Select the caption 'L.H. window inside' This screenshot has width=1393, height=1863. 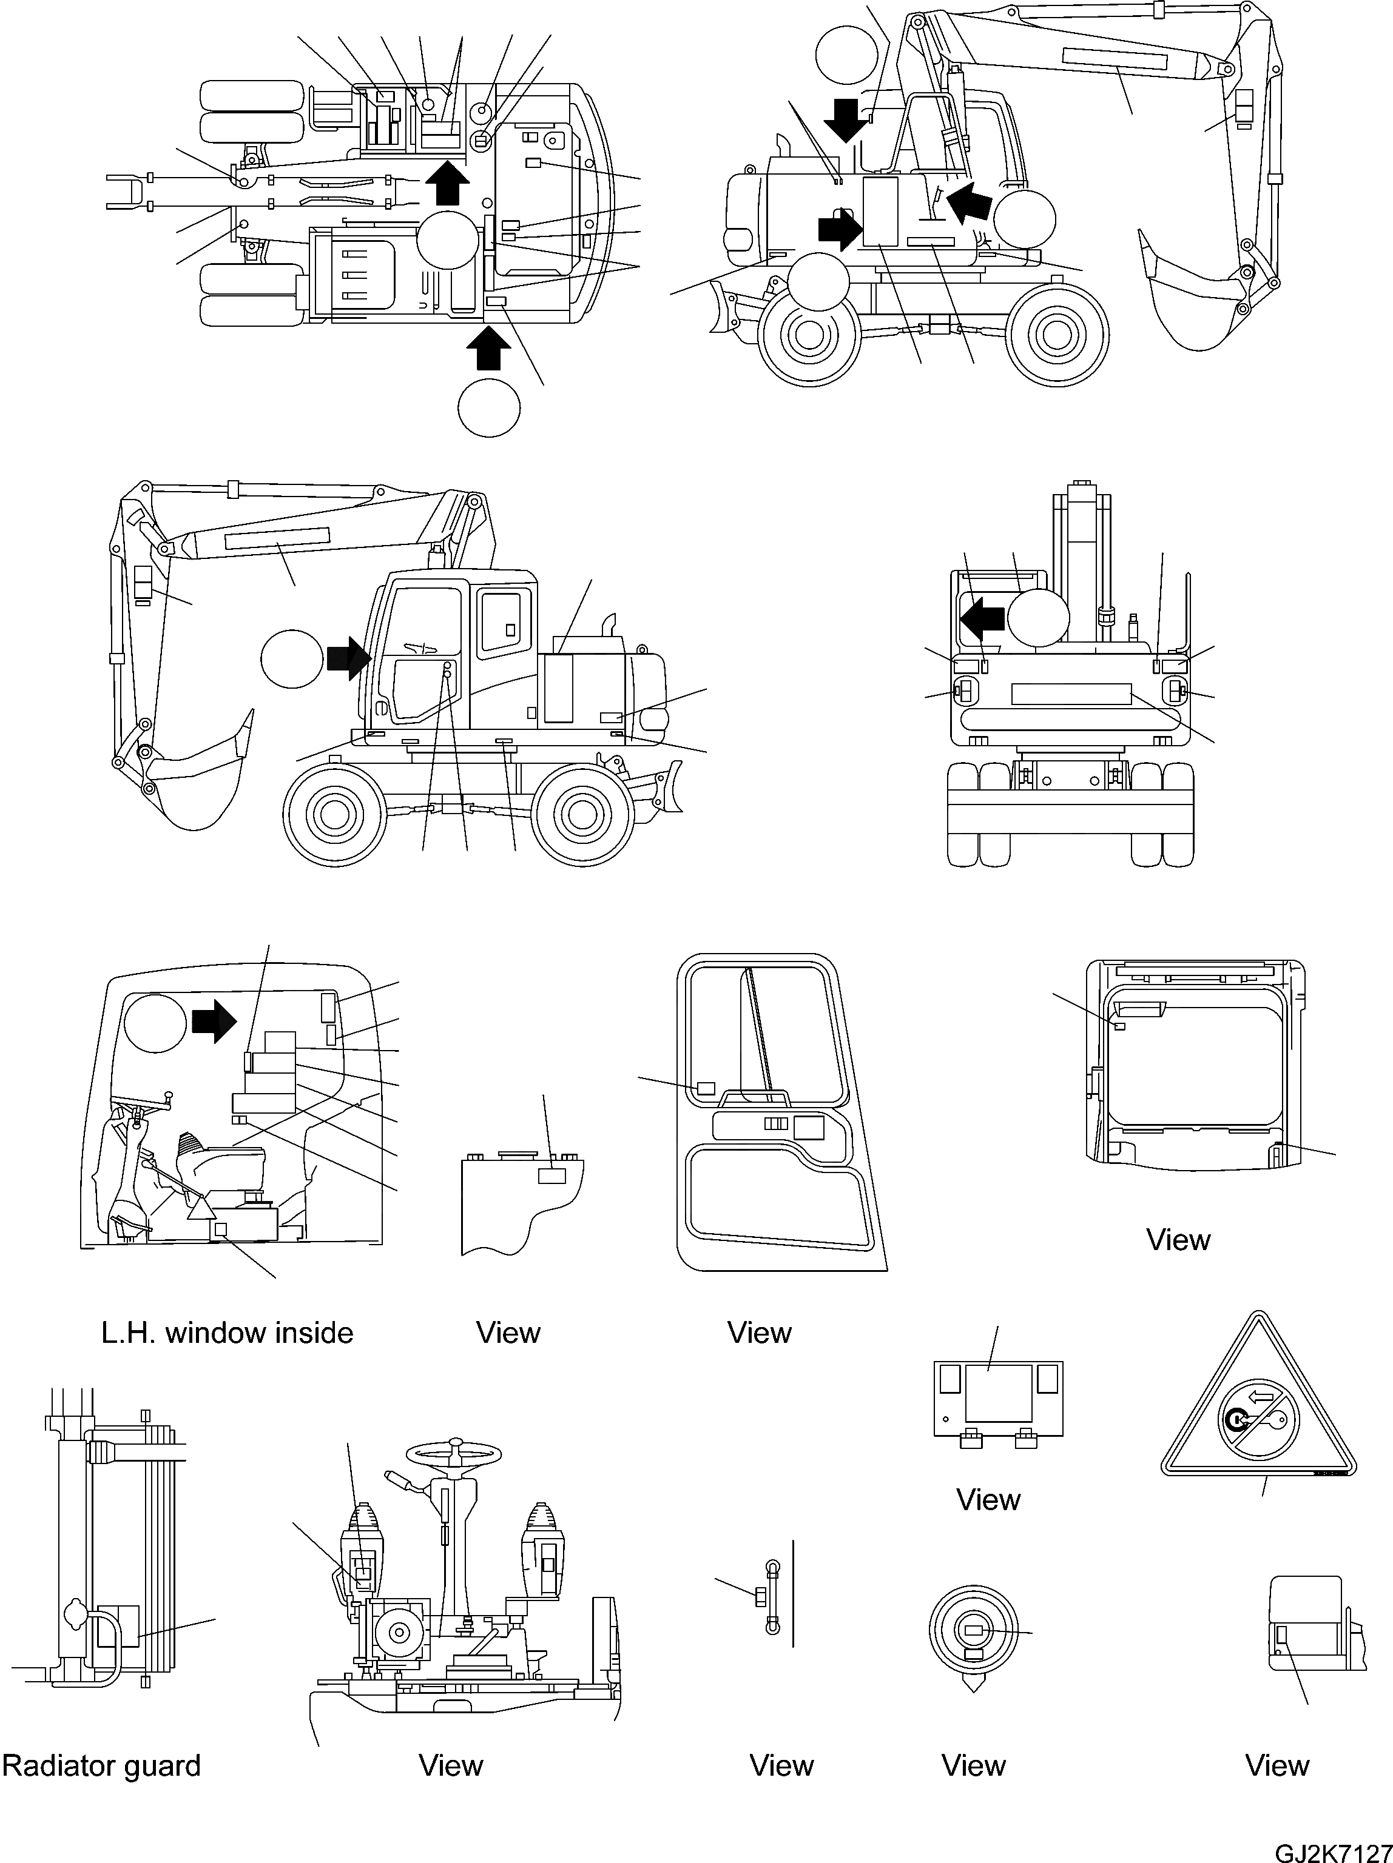(227, 1333)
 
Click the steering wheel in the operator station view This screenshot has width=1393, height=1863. (453, 1454)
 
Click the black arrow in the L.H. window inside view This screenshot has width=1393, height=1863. (215, 1021)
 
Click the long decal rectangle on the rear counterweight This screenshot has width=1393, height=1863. (1070, 694)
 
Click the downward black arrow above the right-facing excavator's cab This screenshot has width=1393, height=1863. (845, 119)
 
